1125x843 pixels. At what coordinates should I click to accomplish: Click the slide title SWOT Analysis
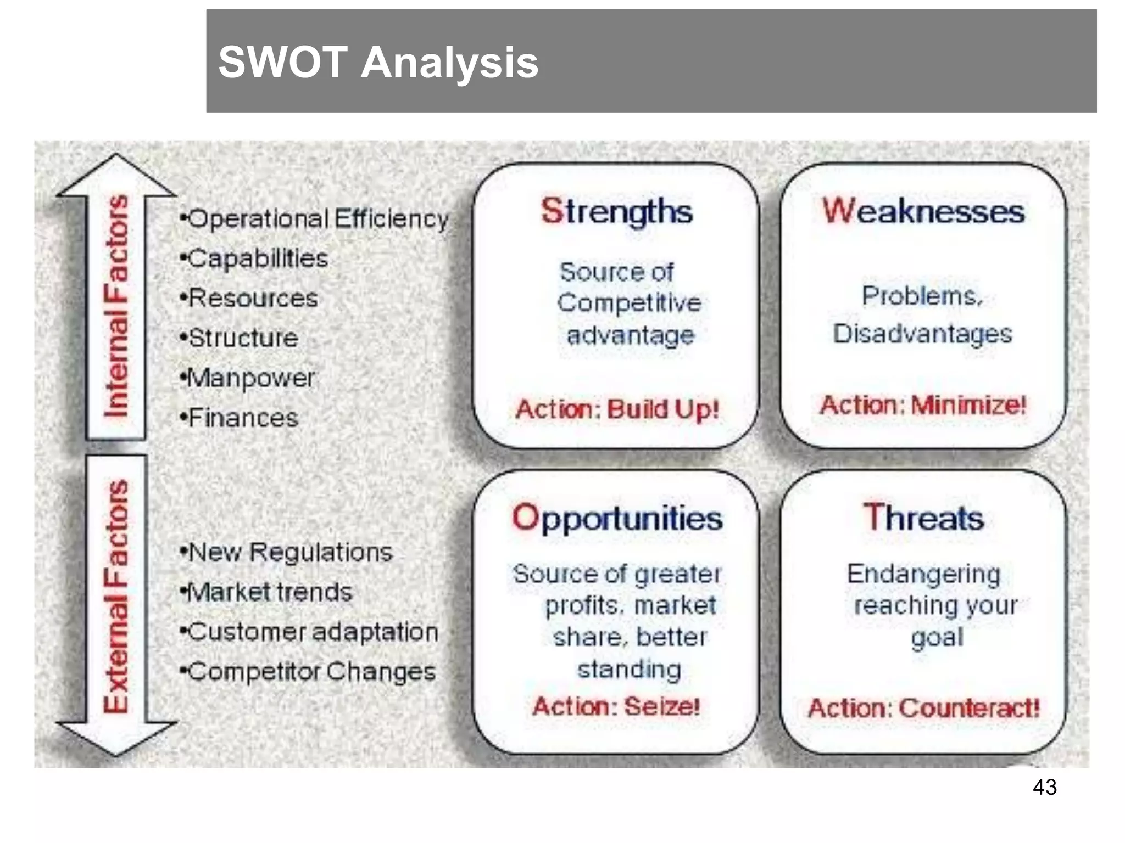point(378,62)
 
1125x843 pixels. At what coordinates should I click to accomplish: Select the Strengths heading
point(616,211)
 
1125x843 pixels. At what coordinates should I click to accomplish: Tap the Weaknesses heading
point(923,211)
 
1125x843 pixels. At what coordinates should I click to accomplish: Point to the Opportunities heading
point(617,518)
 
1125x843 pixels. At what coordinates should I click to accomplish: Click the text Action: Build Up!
point(617,409)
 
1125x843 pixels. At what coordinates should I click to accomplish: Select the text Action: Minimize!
point(923,405)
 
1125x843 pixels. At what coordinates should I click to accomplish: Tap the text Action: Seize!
point(616,706)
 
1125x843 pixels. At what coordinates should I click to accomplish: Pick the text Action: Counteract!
point(923,708)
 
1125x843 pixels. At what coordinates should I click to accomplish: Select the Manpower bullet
point(248,378)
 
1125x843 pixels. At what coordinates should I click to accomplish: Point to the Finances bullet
point(240,418)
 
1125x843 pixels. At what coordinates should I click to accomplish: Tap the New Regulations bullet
point(287,553)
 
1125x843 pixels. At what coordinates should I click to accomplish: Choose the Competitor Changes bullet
point(309,672)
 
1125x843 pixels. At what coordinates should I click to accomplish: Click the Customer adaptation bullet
point(310,632)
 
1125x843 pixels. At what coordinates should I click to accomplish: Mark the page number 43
point(1044,787)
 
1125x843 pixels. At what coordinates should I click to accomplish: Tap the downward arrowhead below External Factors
point(116,738)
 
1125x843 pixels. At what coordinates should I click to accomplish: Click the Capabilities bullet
point(254,259)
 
